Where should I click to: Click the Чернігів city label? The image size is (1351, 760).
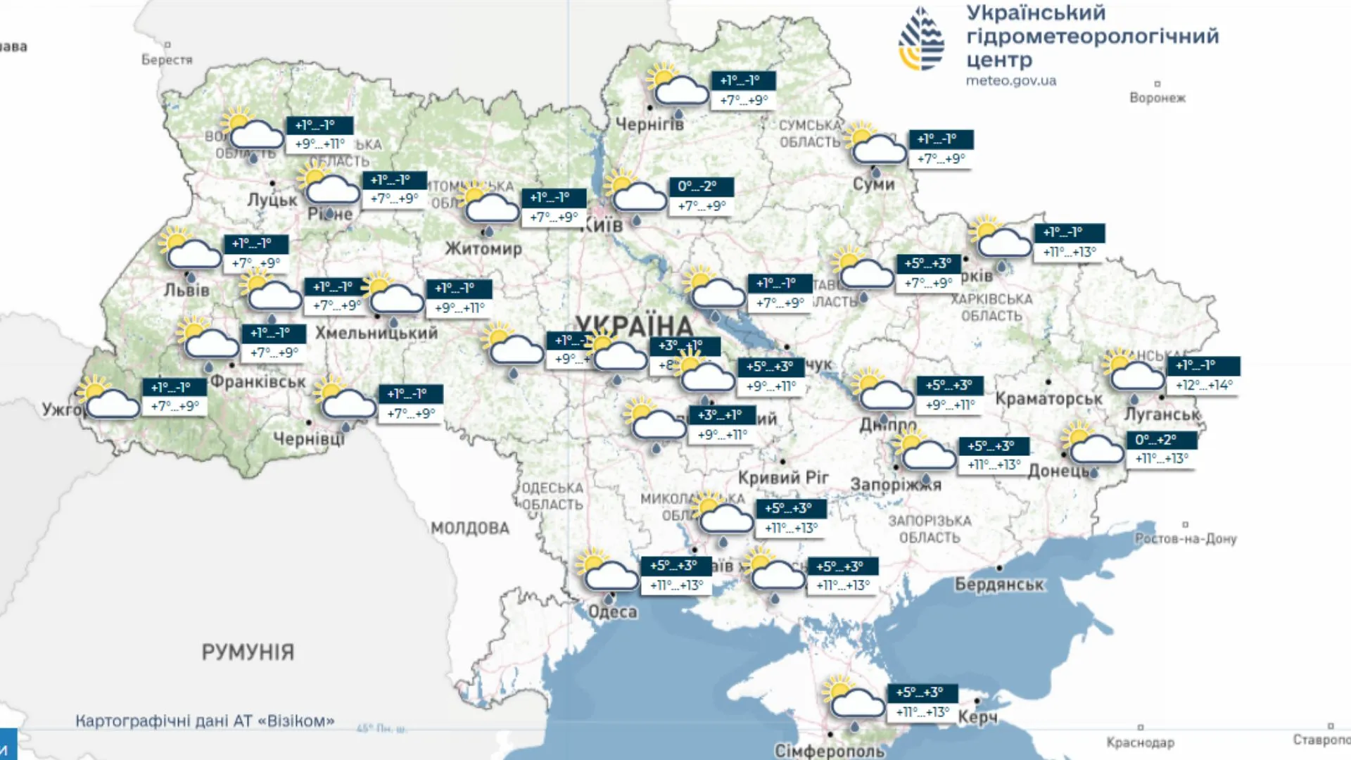[649, 124]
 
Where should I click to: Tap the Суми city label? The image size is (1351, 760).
[873, 184]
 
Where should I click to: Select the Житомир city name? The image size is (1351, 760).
[483, 248]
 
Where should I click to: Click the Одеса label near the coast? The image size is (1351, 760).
[612, 612]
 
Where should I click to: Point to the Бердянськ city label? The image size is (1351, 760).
[999, 584]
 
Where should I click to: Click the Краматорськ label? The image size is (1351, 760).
[1048, 399]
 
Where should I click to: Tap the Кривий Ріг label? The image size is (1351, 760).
[783, 478]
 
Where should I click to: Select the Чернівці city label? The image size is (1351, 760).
[309, 439]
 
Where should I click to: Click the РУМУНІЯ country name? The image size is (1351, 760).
[248, 652]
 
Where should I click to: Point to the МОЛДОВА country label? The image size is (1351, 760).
[470, 528]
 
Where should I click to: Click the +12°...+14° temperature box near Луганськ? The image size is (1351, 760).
[1203, 385]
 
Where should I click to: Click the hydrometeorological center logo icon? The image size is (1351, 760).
[921, 39]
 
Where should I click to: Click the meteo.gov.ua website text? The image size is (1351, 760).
[1010, 80]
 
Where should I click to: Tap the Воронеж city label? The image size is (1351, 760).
[1157, 98]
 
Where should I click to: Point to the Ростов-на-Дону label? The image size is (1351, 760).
[1185, 538]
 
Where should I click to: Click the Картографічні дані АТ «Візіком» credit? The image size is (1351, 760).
[205, 721]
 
